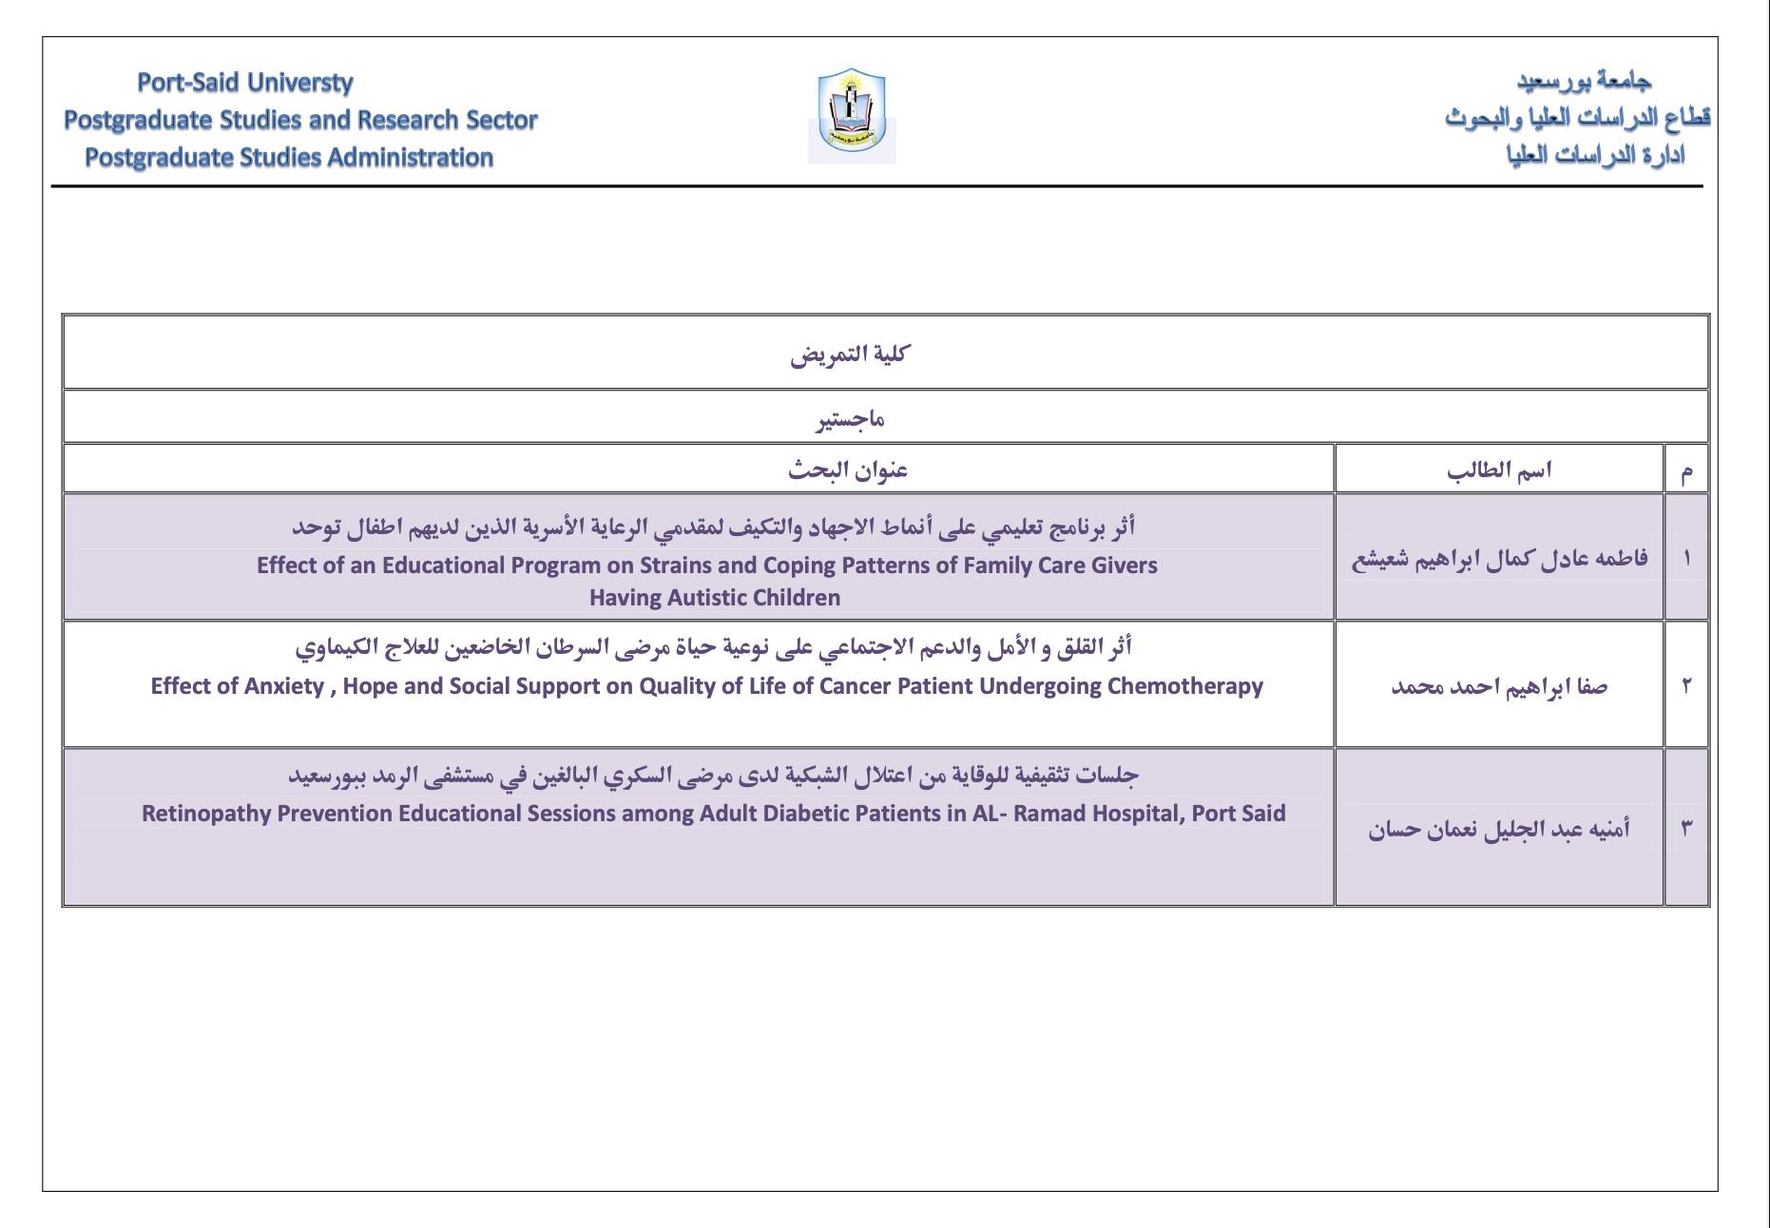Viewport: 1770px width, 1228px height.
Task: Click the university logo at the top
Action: (x=852, y=115)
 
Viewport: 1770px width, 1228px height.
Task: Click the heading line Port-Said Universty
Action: (x=245, y=83)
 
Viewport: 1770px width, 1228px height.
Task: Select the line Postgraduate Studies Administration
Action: (x=289, y=158)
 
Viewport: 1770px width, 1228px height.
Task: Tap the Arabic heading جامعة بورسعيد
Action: (x=1584, y=82)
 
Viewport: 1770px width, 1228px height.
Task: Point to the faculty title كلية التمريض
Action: (x=849, y=355)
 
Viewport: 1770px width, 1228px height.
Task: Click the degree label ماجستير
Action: (x=850, y=418)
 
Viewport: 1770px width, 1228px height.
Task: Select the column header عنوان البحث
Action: (x=848, y=470)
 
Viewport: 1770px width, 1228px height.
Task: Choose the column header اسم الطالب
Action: (x=1499, y=470)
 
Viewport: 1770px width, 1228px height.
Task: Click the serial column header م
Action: (x=1686, y=470)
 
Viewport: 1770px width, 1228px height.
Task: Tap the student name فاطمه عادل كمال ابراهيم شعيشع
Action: (x=1499, y=558)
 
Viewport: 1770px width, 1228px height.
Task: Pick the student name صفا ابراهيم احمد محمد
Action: (x=1499, y=686)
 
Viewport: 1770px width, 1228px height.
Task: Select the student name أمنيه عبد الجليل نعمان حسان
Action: (x=1499, y=829)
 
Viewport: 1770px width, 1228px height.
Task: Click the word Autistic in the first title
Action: (x=701, y=598)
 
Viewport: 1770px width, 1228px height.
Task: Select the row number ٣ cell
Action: (x=1686, y=828)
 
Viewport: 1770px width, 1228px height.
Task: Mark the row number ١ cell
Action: (x=1686, y=558)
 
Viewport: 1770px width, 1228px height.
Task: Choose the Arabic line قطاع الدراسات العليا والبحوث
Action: (x=1577, y=119)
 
